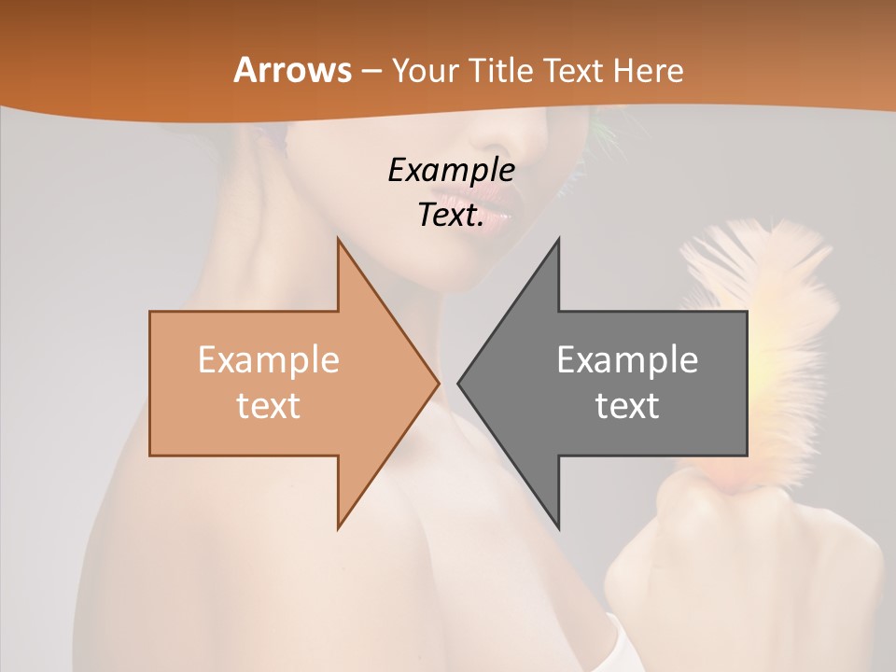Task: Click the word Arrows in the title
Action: point(292,70)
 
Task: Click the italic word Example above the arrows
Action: point(451,171)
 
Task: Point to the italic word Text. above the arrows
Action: point(451,215)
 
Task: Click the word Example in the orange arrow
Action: point(268,360)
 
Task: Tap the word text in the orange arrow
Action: point(268,406)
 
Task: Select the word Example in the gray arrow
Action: point(627,360)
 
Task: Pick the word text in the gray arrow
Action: point(627,406)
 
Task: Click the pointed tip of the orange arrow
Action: point(437,382)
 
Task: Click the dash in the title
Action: point(371,71)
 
